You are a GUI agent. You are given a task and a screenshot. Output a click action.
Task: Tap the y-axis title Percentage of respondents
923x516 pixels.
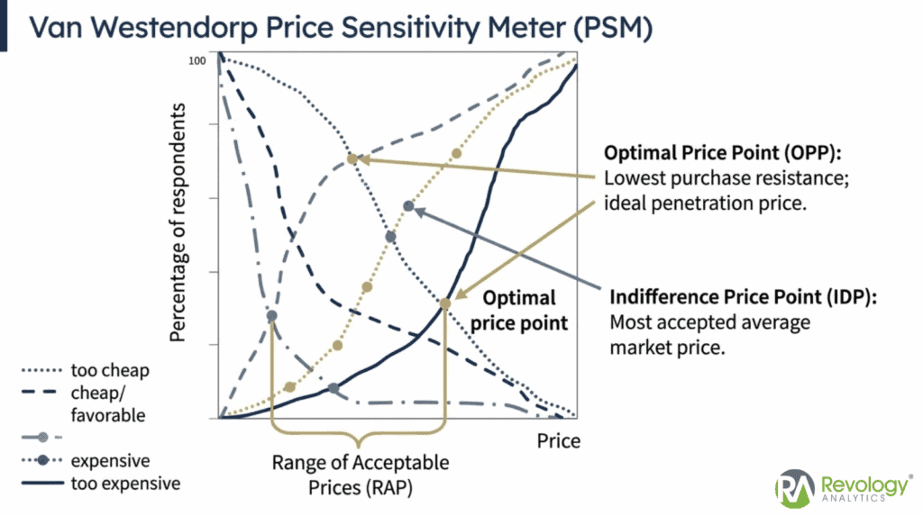[x=178, y=222]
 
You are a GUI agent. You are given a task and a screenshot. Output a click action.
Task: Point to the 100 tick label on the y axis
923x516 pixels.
[x=198, y=60]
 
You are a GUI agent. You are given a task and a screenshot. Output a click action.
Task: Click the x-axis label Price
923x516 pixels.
[x=559, y=440]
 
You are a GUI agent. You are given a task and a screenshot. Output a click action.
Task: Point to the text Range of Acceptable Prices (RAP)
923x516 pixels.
[x=360, y=474]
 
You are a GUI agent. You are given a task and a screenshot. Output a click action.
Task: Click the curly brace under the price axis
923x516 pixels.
[x=359, y=436]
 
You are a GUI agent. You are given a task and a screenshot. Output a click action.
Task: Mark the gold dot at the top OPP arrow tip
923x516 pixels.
[x=352, y=159]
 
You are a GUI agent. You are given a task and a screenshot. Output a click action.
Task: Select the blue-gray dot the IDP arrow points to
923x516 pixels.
[x=408, y=206]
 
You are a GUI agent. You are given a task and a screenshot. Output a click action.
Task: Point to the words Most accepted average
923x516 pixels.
[x=709, y=322]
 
